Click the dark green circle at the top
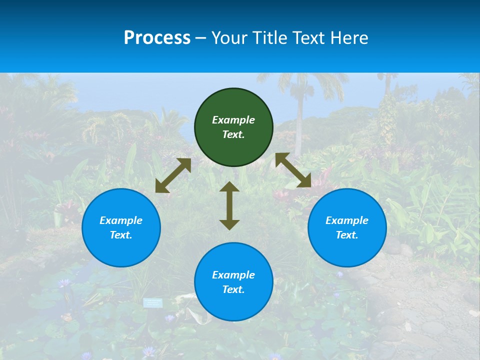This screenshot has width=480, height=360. [x=233, y=127]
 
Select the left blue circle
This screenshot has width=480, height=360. [x=121, y=228]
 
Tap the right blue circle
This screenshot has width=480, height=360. [x=347, y=228]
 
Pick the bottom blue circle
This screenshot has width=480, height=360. [x=233, y=282]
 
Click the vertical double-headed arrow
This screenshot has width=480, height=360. [x=229, y=205]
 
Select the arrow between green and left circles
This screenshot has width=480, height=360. [x=173, y=175]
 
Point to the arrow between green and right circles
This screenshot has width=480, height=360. [x=293, y=170]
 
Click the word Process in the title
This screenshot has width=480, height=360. [x=157, y=38]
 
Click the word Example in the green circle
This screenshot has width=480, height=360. [x=233, y=120]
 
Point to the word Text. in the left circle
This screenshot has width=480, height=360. [x=121, y=235]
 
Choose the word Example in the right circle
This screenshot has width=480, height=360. [x=347, y=220]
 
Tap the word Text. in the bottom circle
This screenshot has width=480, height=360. [x=233, y=289]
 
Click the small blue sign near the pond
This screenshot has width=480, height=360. [x=153, y=302]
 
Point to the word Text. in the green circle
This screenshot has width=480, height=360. [x=233, y=134]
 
